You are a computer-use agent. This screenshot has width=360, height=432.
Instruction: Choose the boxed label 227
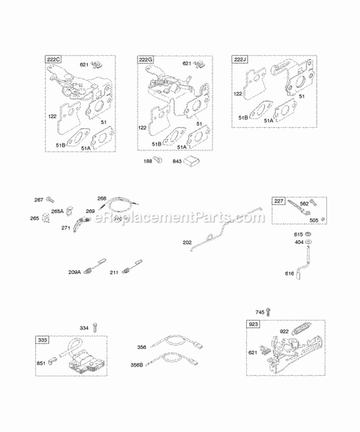pyautogui.click(x=279, y=201)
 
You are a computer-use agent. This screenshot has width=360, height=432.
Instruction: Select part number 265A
pyautogui.click(x=58, y=211)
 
